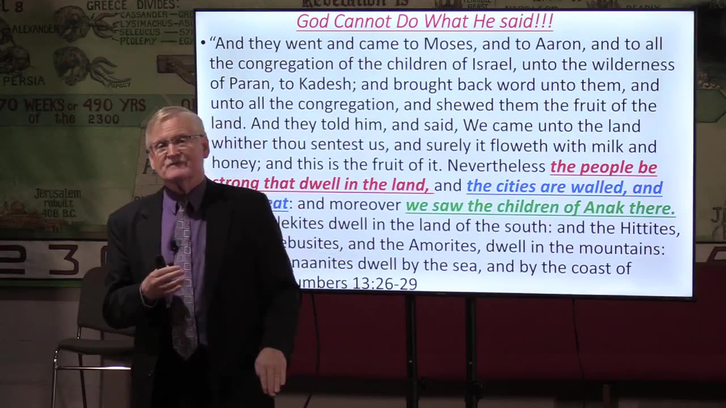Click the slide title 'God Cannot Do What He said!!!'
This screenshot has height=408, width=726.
click(424, 22)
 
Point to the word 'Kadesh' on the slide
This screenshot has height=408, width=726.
click(322, 85)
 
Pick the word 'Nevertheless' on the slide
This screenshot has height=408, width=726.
click(496, 166)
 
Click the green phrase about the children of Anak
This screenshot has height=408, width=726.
click(540, 207)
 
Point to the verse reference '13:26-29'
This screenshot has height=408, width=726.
click(384, 283)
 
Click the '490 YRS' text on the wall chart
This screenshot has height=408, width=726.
click(113, 105)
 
